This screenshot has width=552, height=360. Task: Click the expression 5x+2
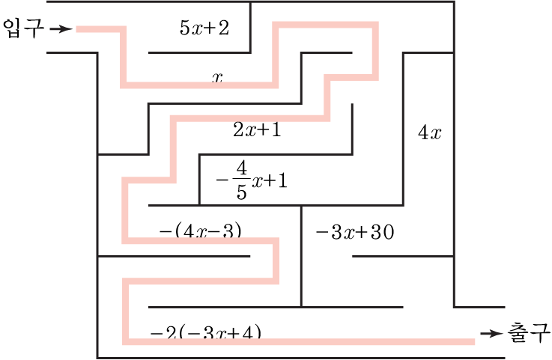pyautogui.click(x=204, y=28)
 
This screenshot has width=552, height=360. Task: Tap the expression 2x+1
pyautogui.click(x=257, y=129)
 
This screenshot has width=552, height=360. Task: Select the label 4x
pyautogui.click(x=430, y=133)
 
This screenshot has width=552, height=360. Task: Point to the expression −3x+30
pyautogui.click(x=354, y=232)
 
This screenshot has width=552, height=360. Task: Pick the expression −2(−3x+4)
pyautogui.click(x=205, y=332)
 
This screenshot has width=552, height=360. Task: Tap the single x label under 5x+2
pyautogui.click(x=218, y=76)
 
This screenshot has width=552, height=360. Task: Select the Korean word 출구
pyautogui.click(x=530, y=332)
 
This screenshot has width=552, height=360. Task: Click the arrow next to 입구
pyautogui.click(x=63, y=30)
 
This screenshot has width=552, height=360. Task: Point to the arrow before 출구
pyautogui.click(x=491, y=333)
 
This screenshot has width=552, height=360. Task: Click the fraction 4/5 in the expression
pyautogui.click(x=241, y=180)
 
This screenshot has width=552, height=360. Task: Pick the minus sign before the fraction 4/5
pyautogui.click(x=222, y=180)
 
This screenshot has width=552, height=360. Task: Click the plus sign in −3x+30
pyautogui.click(x=362, y=232)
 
